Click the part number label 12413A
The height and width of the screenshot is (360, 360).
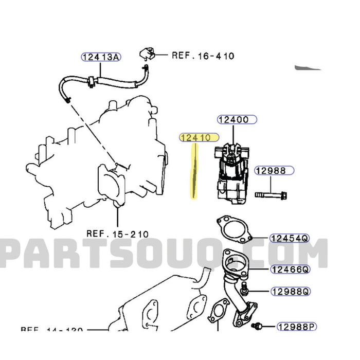coord(101,57)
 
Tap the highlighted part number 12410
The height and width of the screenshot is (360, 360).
coord(199,137)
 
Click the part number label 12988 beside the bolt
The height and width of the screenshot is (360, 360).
coord(274,171)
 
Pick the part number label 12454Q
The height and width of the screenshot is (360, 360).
coord(290,238)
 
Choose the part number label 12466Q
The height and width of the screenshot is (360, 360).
coord(290,268)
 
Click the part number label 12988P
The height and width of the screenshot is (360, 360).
coord(296,326)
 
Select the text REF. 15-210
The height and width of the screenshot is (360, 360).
coord(117,233)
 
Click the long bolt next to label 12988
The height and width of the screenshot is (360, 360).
coord(271,195)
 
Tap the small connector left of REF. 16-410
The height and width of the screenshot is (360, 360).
coord(146,53)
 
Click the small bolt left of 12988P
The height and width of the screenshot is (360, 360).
coord(257,326)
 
